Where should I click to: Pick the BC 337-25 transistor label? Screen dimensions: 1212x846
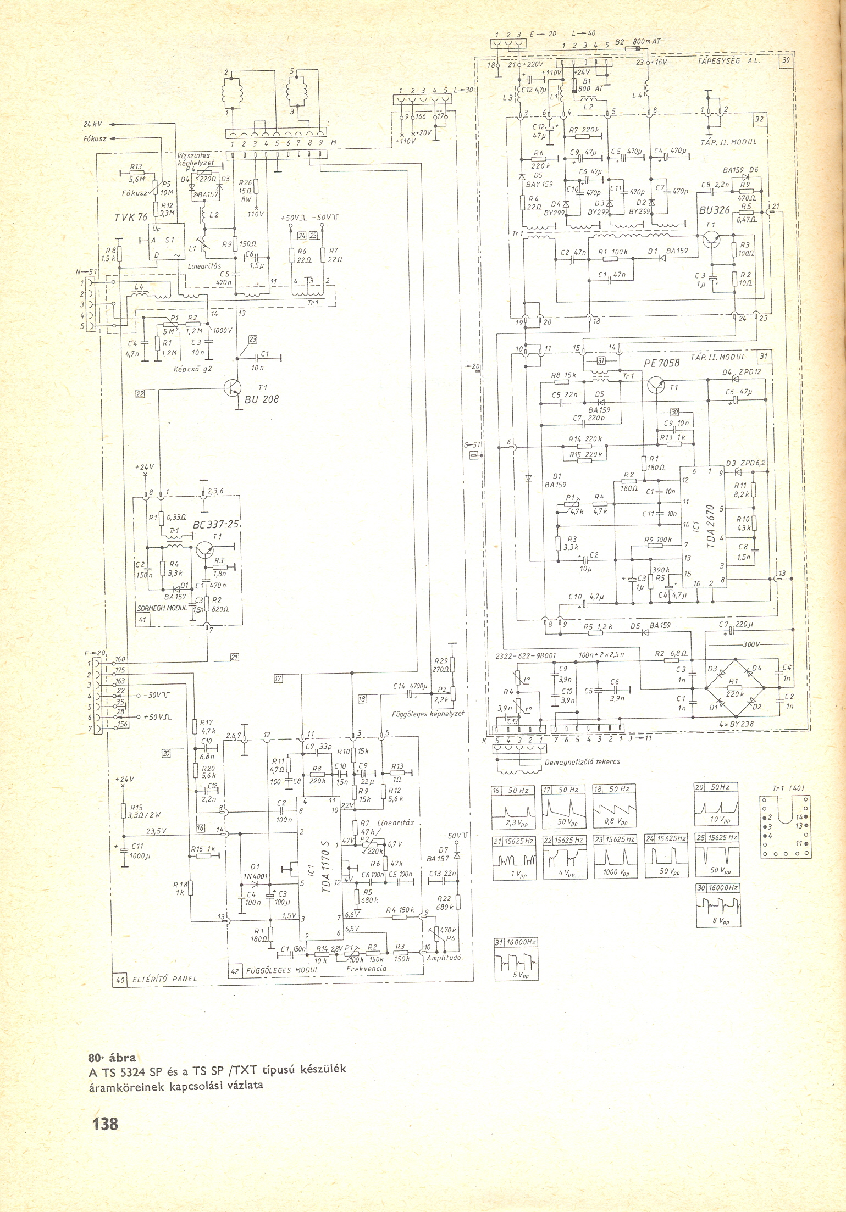(218, 524)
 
